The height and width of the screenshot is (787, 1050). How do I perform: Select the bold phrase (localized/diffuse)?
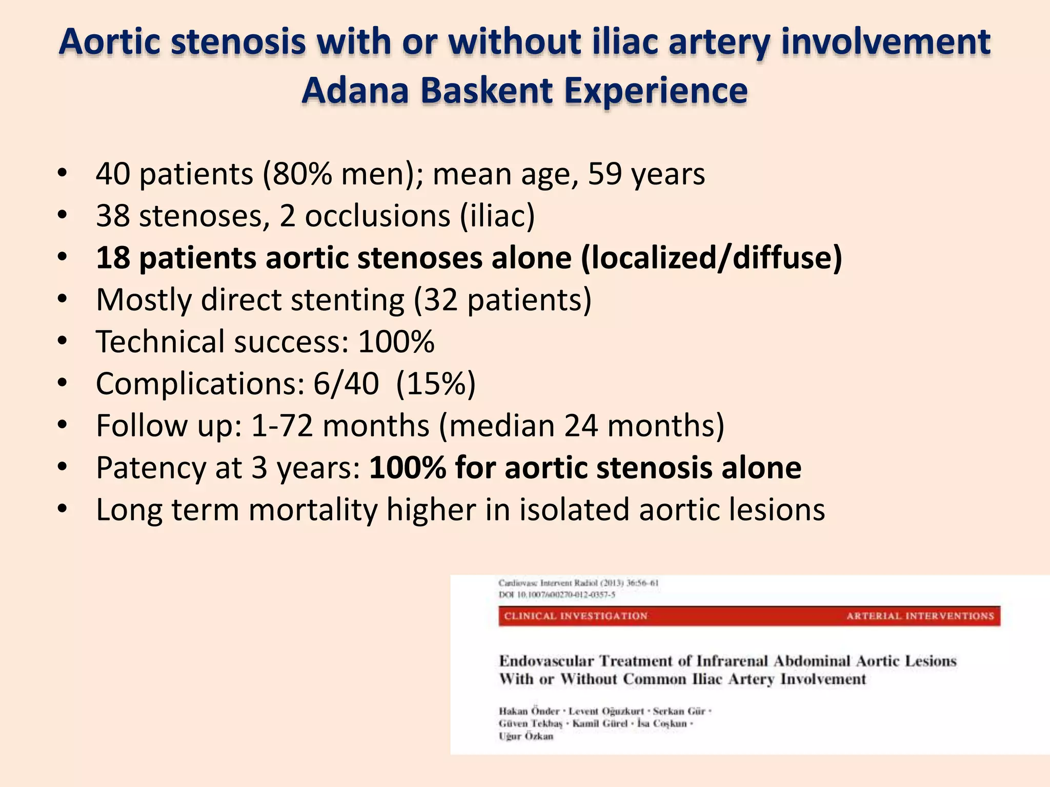712,257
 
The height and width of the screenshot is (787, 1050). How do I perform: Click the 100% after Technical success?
396,341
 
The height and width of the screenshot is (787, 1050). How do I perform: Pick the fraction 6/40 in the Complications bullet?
346,383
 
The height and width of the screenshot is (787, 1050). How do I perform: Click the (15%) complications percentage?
436,383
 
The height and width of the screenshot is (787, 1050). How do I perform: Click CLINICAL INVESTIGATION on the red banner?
575,616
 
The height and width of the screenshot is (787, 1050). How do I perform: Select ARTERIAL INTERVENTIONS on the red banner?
920,616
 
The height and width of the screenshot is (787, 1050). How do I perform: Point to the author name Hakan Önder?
529,711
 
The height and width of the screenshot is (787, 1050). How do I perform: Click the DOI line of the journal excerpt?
557,595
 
